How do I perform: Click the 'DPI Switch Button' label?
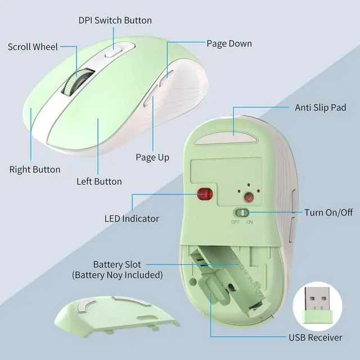(x=115, y=20)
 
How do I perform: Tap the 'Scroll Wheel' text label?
(x=33, y=47)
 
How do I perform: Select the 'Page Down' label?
(x=229, y=44)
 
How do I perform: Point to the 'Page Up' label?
(x=152, y=157)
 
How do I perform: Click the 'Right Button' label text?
(x=35, y=169)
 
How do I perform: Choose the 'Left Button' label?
(x=99, y=181)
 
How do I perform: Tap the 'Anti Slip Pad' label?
(x=321, y=107)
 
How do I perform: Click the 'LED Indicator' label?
(x=132, y=219)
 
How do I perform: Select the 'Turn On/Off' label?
(x=328, y=213)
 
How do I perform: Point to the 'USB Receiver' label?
(x=315, y=337)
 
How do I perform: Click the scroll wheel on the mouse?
(x=78, y=82)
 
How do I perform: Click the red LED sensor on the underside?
(x=205, y=194)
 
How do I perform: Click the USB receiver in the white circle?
(x=317, y=305)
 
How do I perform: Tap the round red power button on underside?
(x=249, y=197)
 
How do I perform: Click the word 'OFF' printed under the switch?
(x=236, y=222)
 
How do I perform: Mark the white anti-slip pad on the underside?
(x=226, y=139)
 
